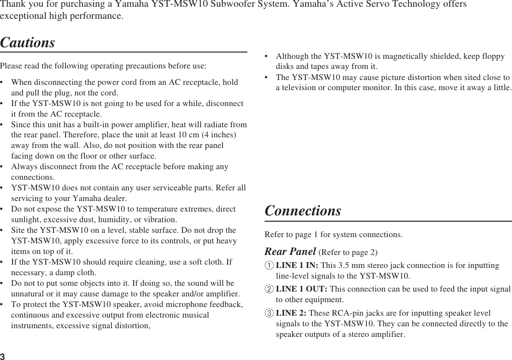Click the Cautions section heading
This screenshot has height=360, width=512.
(x=27, y=43)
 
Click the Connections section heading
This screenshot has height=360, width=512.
(x=303, y=211)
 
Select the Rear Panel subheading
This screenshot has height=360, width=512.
(x=290, y=252)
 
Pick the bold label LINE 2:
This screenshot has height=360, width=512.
(x=291, y=313)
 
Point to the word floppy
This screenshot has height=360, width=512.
(x=493, y=56)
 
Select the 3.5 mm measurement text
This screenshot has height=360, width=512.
(x=349, y=266)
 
